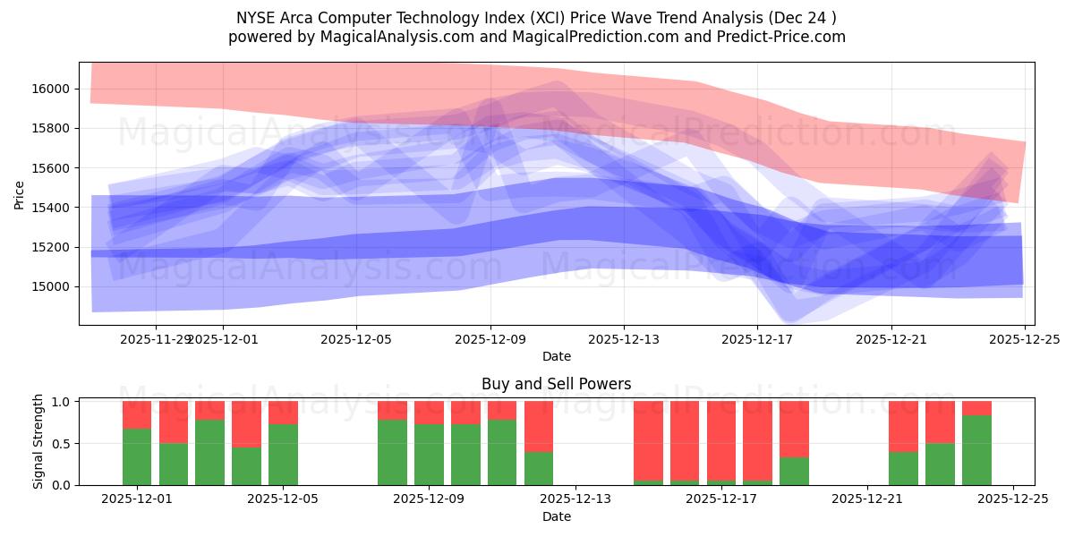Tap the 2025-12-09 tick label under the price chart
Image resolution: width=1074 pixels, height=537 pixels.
(490, 339)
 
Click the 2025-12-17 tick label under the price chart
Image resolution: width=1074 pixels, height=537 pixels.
(757, 339)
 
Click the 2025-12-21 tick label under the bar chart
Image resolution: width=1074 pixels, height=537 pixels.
(866, 499)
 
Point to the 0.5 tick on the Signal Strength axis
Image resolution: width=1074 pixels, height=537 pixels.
(62, 444)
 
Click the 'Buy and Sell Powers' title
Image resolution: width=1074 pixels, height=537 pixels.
(556, 384)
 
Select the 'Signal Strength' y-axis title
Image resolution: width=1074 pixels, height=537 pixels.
(38, 442)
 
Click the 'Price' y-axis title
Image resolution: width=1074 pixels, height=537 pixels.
(20, 193)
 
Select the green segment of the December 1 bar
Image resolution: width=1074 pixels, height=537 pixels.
(137, 456)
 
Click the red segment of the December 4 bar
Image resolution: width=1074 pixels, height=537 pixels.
(246, 423)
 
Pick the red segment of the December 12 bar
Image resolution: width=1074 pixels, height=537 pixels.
(538, 426)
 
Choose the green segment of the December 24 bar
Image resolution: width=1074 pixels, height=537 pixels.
(976, 450)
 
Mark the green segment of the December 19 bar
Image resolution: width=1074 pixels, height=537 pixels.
(794, 471)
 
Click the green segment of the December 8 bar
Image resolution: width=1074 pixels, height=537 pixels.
(392, 452)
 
